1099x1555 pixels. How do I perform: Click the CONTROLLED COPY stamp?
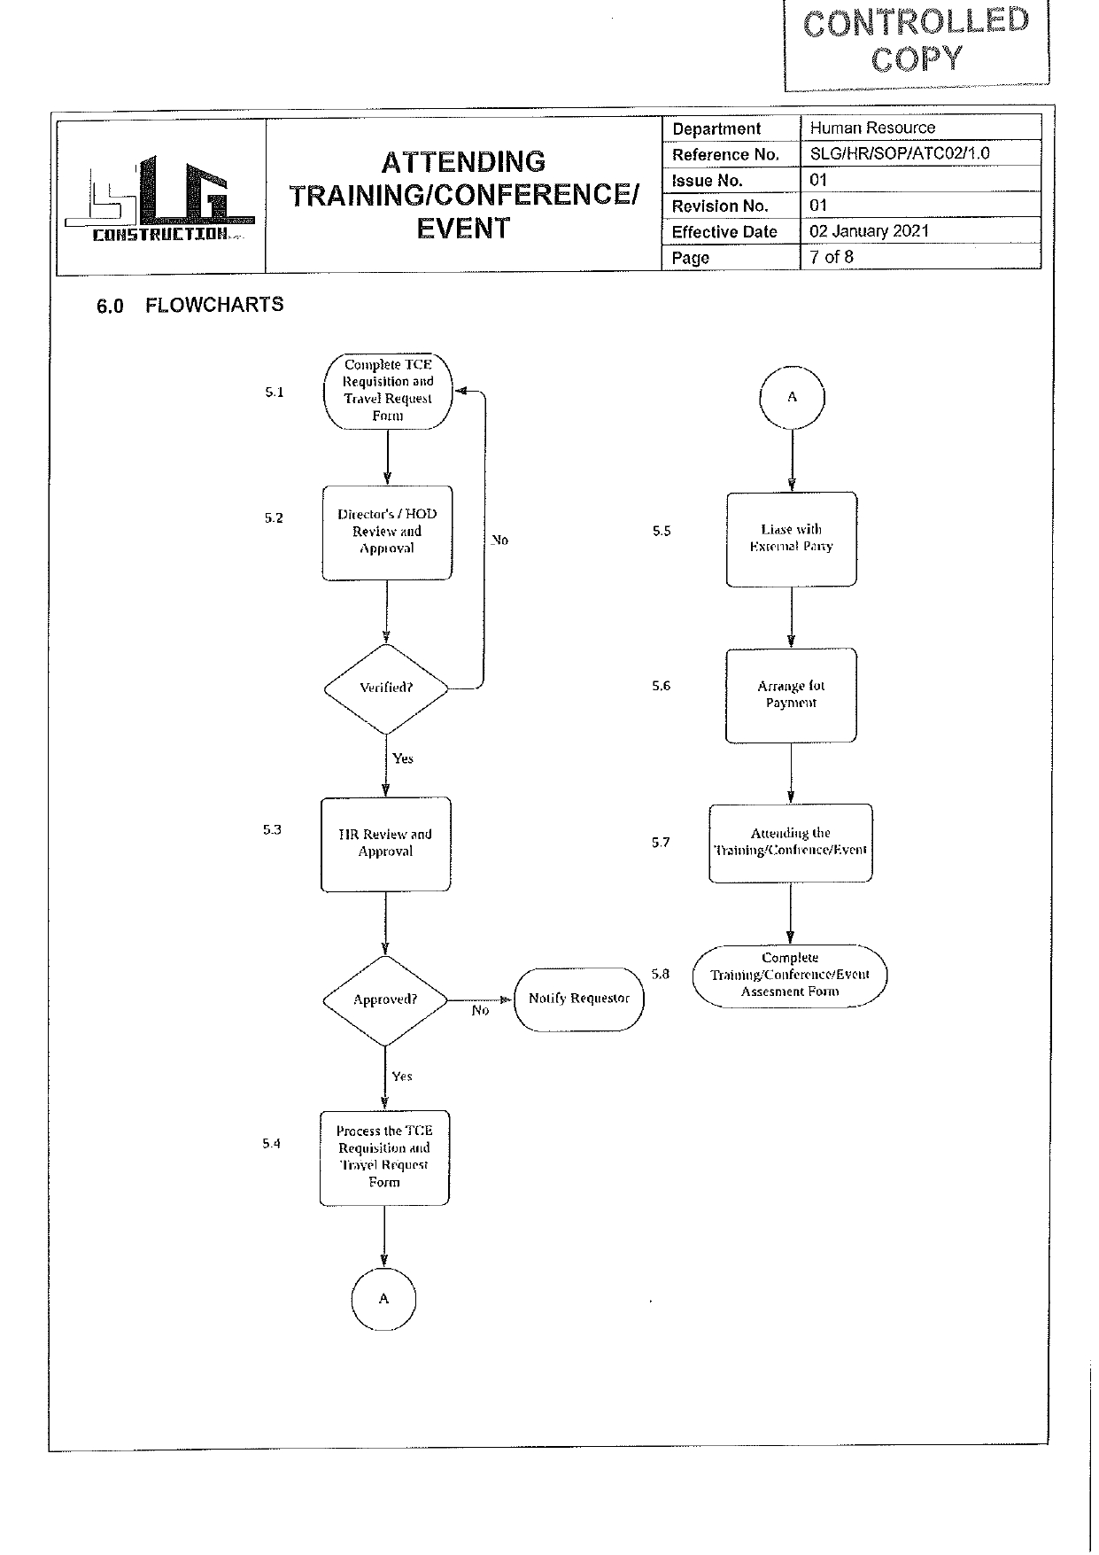[x=916, y=41]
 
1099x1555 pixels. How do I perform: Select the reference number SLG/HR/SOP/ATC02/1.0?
[x=899, y=153]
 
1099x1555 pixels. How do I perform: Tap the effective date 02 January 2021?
[x=869, y=231]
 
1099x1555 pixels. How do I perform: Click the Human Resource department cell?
[x=872, y=128]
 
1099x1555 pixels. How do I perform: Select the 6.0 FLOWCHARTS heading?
[x=190, y=305]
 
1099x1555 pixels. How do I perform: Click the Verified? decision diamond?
[x=386, y=688]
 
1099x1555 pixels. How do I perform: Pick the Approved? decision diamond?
[x=385, y=999]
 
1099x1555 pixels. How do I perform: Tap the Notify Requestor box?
[x=578, y=999]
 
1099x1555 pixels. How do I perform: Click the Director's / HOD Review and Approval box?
[x=387, y=532]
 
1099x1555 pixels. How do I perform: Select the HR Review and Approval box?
[x=385, y=844]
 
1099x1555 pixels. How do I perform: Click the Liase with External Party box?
[x=791, y=538]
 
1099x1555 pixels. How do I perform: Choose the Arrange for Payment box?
[x=791, y=695]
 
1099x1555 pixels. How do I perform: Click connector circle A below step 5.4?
[x=383, y=1299]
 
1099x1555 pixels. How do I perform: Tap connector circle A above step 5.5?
[x=792, y=397]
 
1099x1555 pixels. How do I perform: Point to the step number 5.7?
[x=661, y=843]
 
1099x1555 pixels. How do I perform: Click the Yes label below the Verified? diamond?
[x=403, y=758]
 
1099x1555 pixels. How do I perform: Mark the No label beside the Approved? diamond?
[x=480, y=1011]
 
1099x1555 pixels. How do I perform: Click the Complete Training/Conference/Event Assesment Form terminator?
[x=789, y=975]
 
